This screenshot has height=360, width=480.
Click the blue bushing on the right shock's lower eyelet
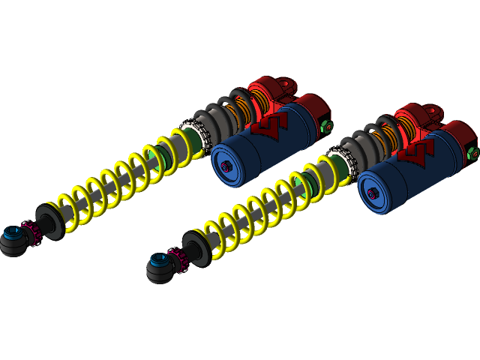158,262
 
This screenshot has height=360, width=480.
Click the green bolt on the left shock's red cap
326,125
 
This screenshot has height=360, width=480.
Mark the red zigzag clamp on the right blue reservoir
414,154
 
